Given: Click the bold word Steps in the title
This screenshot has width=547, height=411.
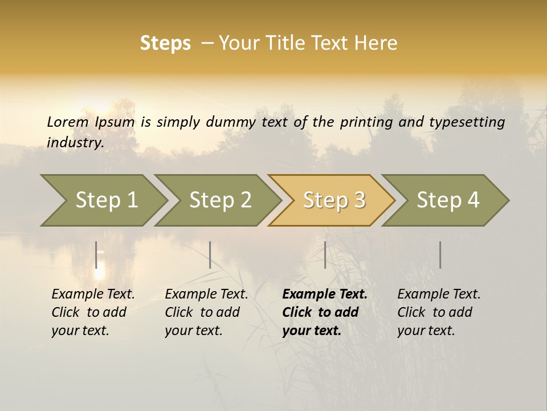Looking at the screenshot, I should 165,43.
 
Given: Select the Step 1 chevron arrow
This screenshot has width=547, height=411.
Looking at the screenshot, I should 103,200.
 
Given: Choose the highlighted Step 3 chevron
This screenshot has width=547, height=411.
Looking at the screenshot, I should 332,200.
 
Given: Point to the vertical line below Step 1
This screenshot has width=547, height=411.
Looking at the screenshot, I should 96,255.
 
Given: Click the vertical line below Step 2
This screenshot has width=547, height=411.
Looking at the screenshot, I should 210,255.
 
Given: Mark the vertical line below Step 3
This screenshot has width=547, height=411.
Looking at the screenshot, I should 325,255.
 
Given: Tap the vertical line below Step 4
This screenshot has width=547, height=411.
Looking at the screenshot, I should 440,255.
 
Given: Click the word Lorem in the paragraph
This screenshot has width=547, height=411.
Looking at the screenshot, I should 68,122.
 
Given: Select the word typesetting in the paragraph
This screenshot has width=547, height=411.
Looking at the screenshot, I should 467,122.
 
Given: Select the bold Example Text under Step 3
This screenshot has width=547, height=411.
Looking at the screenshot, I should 325,295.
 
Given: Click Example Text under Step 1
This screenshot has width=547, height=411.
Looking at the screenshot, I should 93,295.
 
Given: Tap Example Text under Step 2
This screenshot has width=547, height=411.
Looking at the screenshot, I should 206,295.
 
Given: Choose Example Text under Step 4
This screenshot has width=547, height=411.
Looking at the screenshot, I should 439,295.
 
